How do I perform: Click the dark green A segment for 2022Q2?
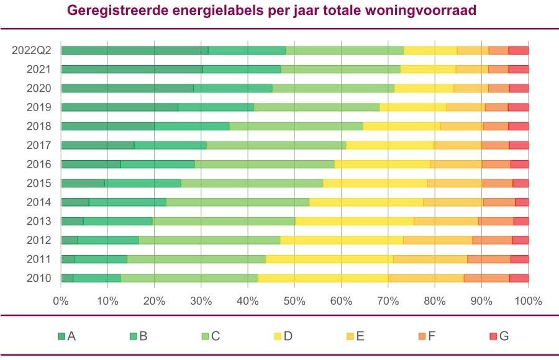point(134,50)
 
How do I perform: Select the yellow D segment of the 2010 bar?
point(323,278)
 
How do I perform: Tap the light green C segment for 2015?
point(252,183)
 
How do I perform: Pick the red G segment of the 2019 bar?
point(518,107)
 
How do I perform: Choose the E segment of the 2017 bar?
point(457,145)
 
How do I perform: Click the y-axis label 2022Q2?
point(31,51)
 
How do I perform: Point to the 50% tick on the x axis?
point(294,301)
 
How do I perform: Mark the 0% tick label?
point(60,301)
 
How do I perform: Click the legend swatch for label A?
point(61,336)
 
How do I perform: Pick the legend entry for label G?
point(499,336)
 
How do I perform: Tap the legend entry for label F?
point(427,336)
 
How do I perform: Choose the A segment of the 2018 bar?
point(107,126)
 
